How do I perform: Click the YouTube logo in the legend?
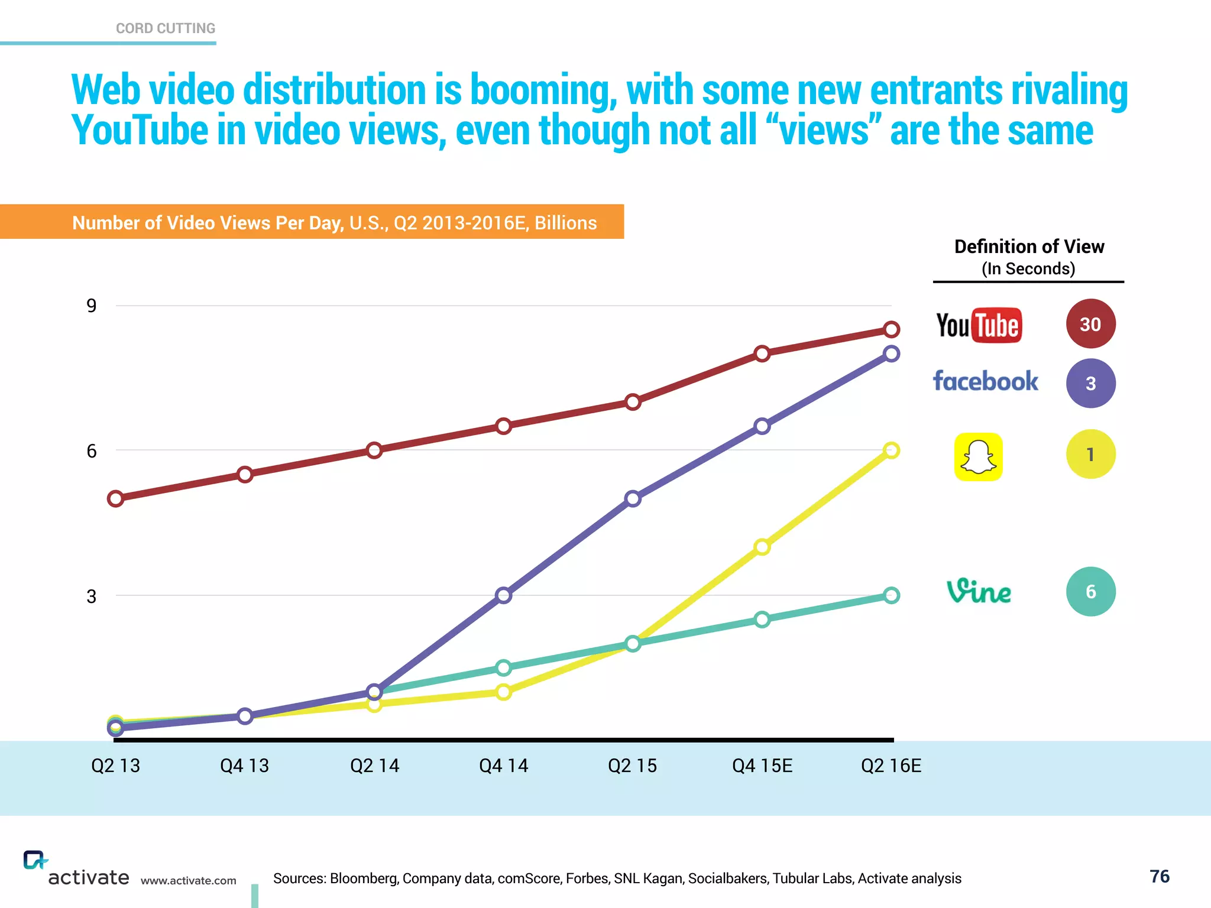pyautogui.click(x=979, y=325)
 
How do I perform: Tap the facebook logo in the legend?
pyautogui.click(x=985, y=381)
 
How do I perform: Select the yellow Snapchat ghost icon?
pyautogui.click(x=978, y=456)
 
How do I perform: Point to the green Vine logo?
pyautogui.click(x=979, y=591)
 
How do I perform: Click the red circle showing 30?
pyautogui.click(x=1090, y=324)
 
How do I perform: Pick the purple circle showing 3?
pyautogui.click(x=1090, y=383)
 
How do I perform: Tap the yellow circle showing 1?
pyautogui.click(x=1090, y=454)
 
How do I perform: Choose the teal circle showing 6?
pyautogui.click(x=1090, y=591)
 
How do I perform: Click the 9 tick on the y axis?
pyautogui.click(x=91, y=306)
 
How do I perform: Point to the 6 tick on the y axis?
pyautogui.click(x=91, y=451)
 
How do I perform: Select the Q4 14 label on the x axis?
pyautogui.click(x=503, y=766)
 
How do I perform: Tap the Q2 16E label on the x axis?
pyautogui.click(x=891, y=766)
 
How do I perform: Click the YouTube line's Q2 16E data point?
pyautogui.click(x=892, y=329)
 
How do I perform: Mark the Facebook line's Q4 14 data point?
pyautogui.click(x=503, y=595)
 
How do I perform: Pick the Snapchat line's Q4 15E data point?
pyautogui.click(x=762, y=547)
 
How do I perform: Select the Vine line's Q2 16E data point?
pyautogui.click(x=892, y=595)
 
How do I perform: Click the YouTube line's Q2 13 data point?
pyautogui.click(x=115, y=498)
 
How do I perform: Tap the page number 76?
pyautogui.click(x=1159, y=876)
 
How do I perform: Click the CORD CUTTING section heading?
pyautogui.click(x=166, y=28)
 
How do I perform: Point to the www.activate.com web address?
pyautogui.click(x=188, y=881)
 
